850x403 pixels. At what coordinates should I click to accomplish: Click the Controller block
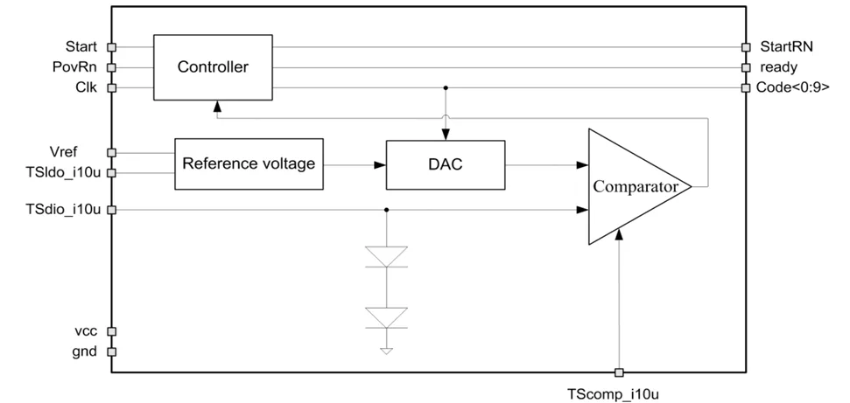213,67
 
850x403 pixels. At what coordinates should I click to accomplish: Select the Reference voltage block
248,163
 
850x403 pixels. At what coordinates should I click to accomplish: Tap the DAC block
446,163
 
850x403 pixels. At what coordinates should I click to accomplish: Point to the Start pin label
81,46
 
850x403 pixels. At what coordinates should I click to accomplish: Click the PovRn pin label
78,66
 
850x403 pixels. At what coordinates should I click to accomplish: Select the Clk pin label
86,87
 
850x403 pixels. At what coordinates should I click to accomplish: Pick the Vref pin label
81,152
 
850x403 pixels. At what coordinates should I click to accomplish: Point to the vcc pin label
85,331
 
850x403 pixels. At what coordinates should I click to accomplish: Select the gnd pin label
84,351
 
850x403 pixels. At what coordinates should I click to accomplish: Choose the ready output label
777,66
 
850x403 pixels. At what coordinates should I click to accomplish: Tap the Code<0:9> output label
793,87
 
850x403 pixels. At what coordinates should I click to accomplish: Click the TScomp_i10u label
618,393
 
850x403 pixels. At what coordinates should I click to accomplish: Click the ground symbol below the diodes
386,351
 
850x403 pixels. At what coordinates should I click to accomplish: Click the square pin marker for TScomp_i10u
620,372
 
